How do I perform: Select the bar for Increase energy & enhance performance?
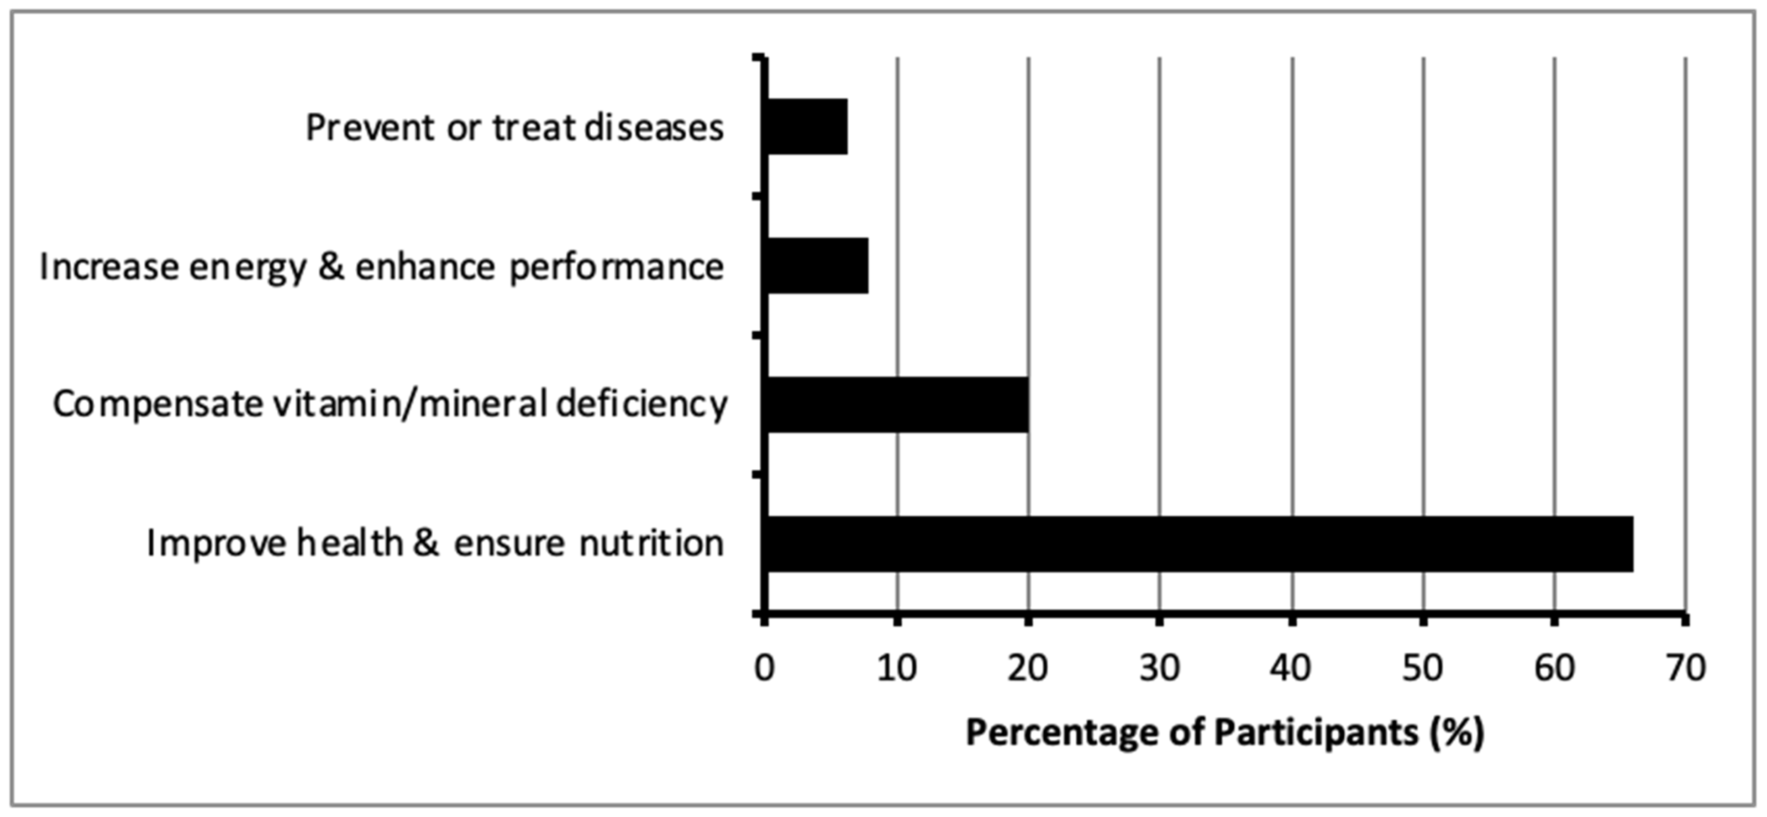(x=817, y=266)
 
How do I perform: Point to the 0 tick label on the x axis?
(x=764, y=667)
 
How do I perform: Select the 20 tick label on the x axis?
(x=1027, y=667)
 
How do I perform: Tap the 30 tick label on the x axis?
(x=1159, y=667)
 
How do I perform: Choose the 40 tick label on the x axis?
(x=1291, y=667)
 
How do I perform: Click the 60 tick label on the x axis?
(x=1554, y=667)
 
